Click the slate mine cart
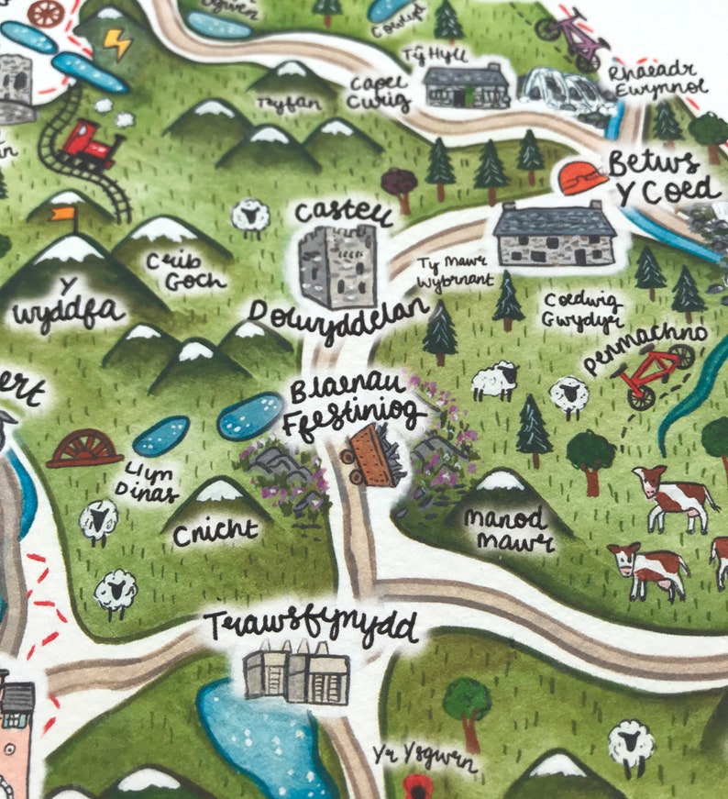click(373, 454)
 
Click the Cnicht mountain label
click(215, 533)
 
